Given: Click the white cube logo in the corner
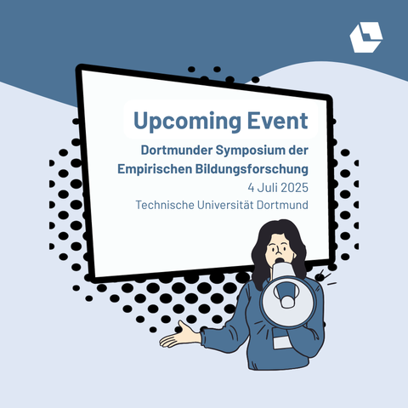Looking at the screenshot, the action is coord(366,37).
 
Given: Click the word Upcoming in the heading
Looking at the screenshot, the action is coord(187,122).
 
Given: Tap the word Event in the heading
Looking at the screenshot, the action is coord(278,121).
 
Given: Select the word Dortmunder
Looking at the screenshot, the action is coord(177,150).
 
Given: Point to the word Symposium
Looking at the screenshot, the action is coord(250,151).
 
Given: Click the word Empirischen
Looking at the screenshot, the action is coord(155,169).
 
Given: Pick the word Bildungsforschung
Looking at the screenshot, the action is coord(252,169).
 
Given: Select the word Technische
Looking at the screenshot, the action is coord(165,205).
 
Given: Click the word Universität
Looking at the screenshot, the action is coord(225,205).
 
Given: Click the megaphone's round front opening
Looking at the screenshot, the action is coord(287,302).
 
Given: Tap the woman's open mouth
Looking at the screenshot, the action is coord(280,260).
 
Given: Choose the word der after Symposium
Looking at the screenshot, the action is coord(298,150).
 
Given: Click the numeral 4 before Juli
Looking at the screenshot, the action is coord(251,188).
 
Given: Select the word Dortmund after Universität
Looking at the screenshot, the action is coord(282,205).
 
